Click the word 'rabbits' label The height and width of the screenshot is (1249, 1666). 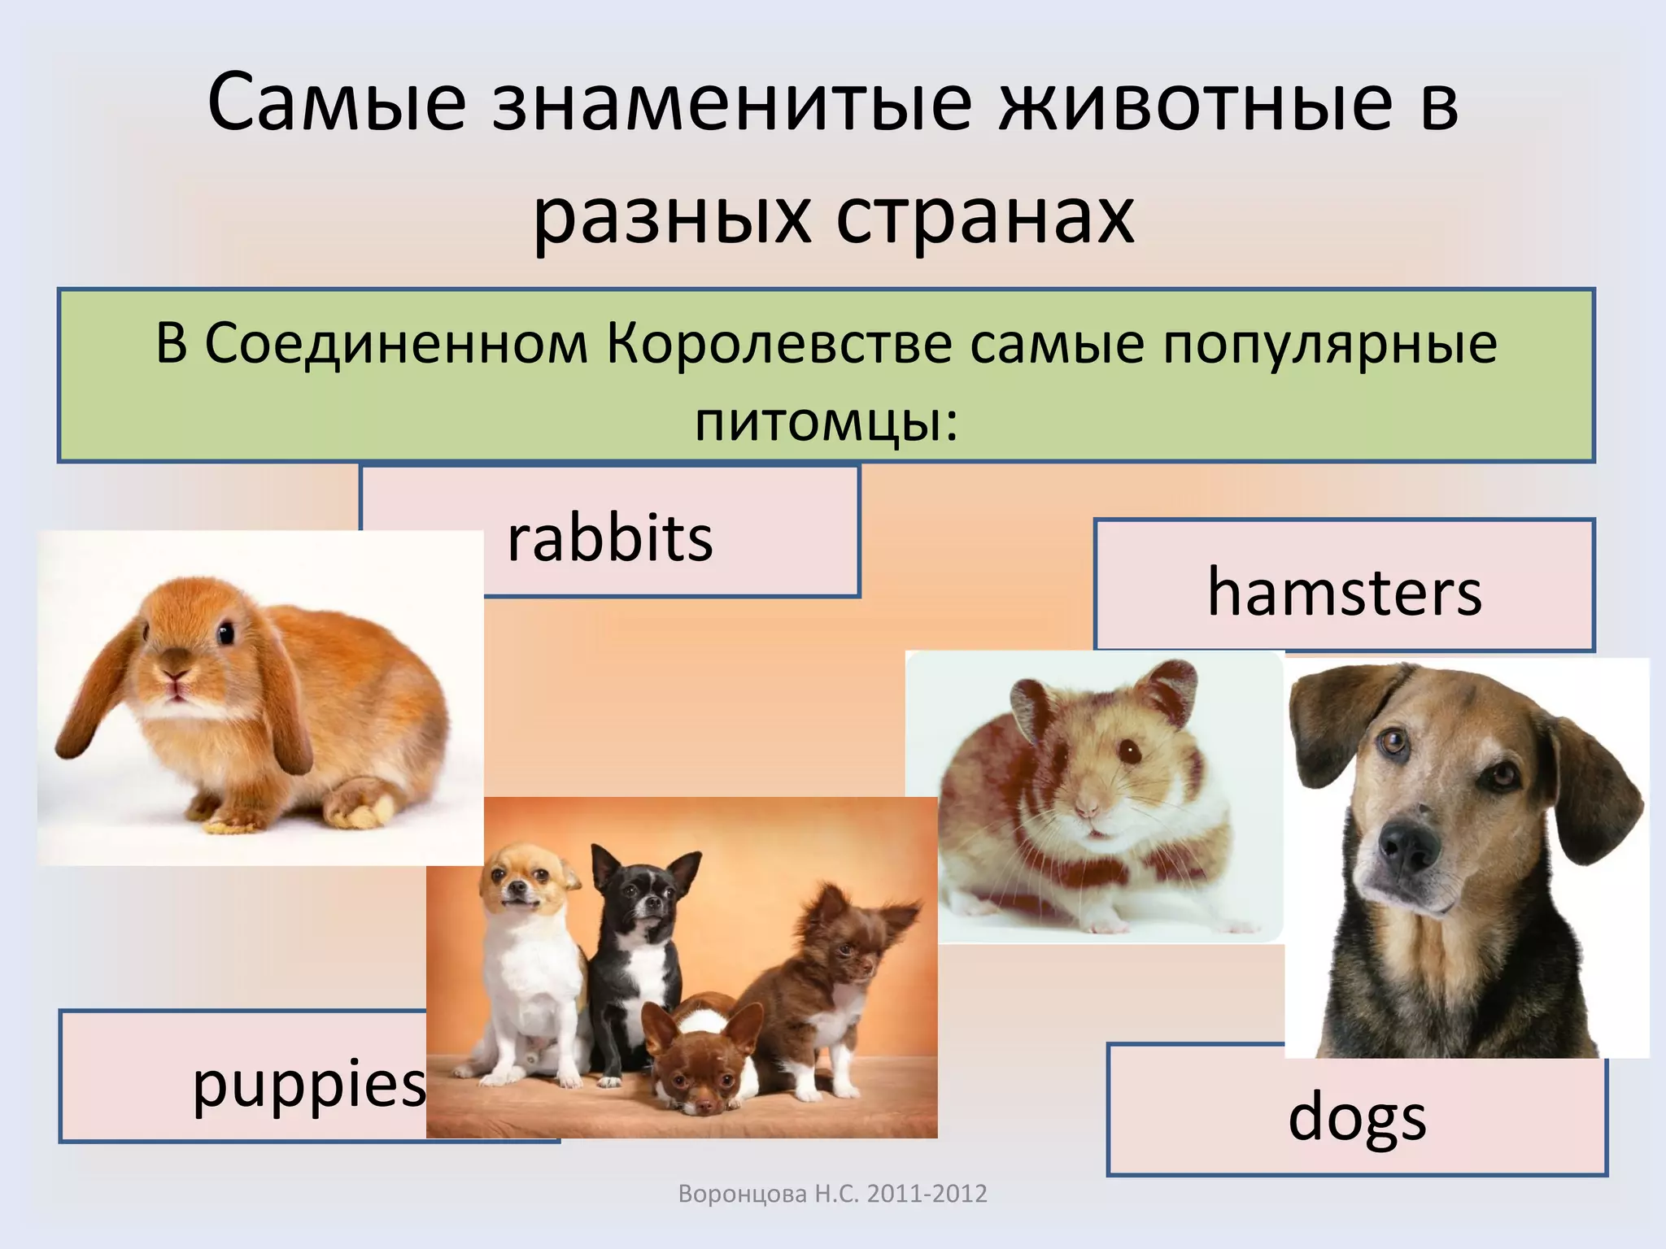pos(609,539)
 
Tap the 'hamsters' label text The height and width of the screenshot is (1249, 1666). pos(1344,592)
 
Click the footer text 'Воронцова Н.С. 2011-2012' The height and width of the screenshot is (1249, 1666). pos(832,1194)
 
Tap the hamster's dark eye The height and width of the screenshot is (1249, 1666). pos(1128,750)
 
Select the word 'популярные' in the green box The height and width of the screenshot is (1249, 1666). pos(1329,344)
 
